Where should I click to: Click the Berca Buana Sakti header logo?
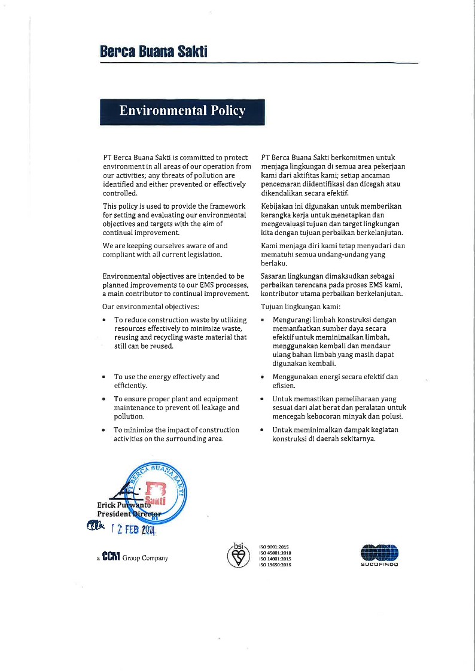(154, 51)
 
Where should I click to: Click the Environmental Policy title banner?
(182, 111)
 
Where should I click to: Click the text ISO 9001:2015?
(274, 547)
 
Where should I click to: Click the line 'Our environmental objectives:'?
(151, 307)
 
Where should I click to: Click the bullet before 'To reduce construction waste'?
(105, 321)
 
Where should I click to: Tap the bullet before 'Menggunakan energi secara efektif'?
(263, 377)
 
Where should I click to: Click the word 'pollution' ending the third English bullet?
(129, 416)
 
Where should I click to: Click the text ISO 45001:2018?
(275, 553)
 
